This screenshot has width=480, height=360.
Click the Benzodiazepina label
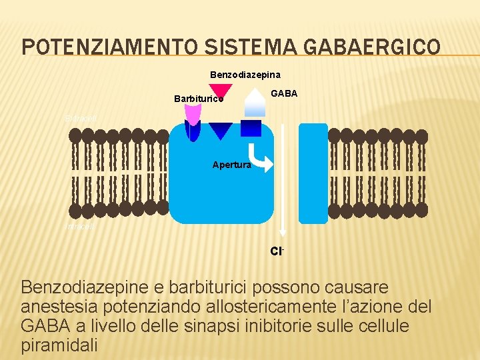tap(245, 74)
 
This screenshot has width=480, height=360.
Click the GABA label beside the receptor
tap(284, 94)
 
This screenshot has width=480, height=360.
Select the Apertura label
tap(231, 164)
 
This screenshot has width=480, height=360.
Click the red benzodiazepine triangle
tap(221, 92)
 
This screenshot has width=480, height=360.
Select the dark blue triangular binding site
tap(221, 131)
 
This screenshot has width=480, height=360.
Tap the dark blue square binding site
tap(251, 127)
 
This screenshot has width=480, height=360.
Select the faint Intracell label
tap(80, 227)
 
